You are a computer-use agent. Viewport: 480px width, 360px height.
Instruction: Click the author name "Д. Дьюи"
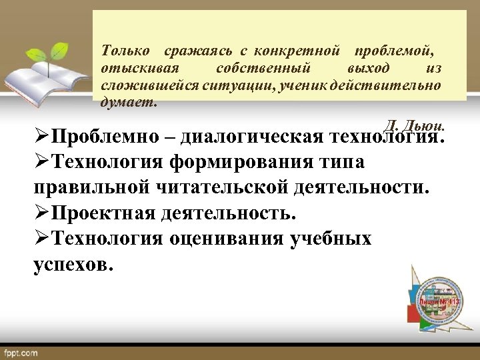click(415, 125)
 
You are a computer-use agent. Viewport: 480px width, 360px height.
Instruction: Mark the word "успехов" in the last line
click(73, 263)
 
